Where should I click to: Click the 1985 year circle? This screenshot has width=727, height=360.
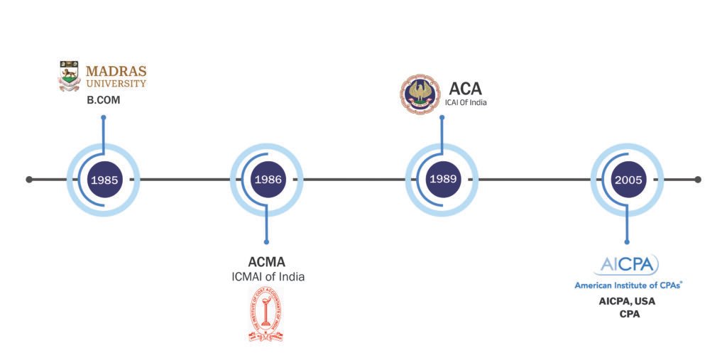104,180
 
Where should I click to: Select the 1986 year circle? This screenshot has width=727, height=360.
267,180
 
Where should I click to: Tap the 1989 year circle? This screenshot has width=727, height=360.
442,180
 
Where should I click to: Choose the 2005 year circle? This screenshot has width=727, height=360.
628,180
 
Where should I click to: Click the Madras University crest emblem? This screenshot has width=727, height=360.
69,77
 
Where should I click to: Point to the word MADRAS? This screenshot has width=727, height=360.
116,71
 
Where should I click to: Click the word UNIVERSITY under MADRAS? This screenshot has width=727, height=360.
116,84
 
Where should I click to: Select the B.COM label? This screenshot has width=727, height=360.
104,101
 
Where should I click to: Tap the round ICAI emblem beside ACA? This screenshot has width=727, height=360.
419,94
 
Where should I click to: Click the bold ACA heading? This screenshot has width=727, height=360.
465,89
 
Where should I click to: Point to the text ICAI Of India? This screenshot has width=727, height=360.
466,103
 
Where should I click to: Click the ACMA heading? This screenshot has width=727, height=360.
267,262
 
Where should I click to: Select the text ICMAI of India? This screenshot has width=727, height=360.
267,277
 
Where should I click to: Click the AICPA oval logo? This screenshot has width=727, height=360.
628,265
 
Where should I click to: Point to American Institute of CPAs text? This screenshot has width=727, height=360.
628,285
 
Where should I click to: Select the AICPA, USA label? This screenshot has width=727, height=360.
628,301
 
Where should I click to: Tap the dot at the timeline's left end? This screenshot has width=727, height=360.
29,180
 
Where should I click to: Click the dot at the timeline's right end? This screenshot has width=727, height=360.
698,180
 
